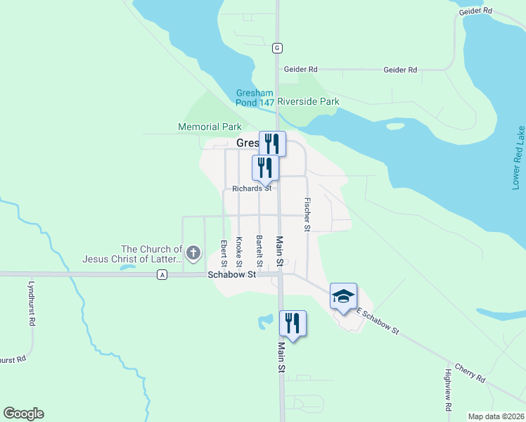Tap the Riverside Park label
click(308, 102)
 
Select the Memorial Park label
click(210, 127)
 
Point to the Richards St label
click(252, 188)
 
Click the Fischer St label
click(307, 215)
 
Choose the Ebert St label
click(224, 253)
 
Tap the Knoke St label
click(239, 253)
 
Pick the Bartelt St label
click(259, 252)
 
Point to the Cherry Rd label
click(470, 373)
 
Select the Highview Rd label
click(448, 390)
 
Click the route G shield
click(278, 47)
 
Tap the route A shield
click(162, 275)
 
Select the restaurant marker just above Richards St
click(265, 167)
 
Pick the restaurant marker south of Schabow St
click(293, 324)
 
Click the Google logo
click(23, 414)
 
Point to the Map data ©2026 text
click(496, 416)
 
